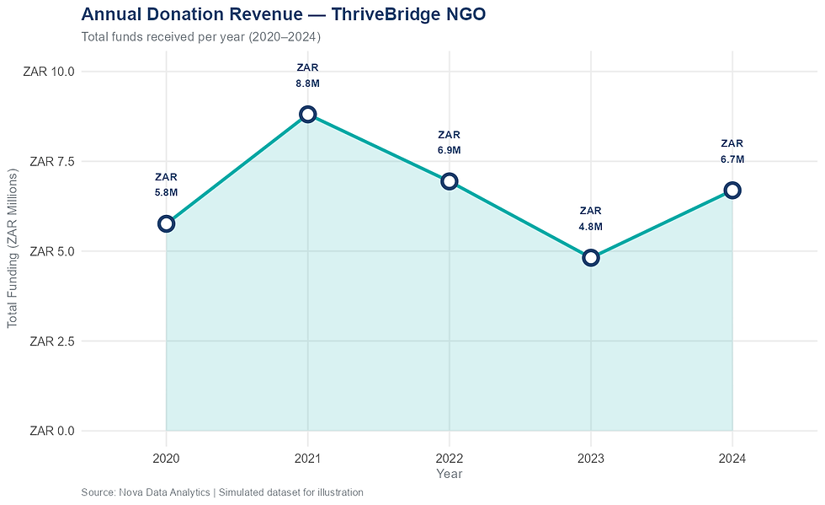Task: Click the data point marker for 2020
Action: pyautogui.click(x=166, y=223)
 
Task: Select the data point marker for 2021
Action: pyautogui.click(x=307, y=114)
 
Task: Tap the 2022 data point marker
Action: pyautogui.click(x=449, y=181)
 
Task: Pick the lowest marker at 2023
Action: pyautogui.click(x=591, y=257)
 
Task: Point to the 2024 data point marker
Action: pyautogui.click(x=732, y=190)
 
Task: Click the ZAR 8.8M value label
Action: pyautogui.click(x=307, y=76)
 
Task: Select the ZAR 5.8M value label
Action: pyautogui.click(x=166, y=185)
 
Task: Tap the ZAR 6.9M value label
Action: pyautogui.click(x=449, y=142)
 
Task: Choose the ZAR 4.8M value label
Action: pyautogui.click(x=591, y=218)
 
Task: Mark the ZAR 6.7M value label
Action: pyautogui.click(x=732, y=151)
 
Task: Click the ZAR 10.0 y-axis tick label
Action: pyautogui.click(x=52, y=72)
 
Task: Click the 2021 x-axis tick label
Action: pyautogui.click(x=307, y=459)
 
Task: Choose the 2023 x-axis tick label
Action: pyautogui.click(x=591, y=459)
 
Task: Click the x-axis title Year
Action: pyautogui.click(x=449, y=474)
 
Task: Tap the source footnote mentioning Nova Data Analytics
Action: pyautogui.click(x=222, y=492)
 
